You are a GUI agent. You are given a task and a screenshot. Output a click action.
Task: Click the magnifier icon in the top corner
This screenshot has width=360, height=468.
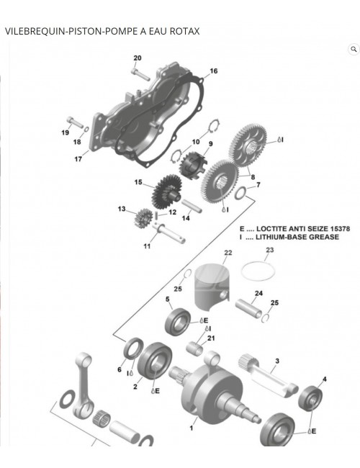353,49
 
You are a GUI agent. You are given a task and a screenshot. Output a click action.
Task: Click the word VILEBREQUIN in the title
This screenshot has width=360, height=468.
33,31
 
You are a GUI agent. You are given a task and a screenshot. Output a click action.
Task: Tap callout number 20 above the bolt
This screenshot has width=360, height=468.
138,58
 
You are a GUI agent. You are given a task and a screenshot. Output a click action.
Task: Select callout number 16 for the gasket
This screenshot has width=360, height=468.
213,71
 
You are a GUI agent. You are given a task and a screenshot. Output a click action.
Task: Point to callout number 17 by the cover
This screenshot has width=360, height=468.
78,159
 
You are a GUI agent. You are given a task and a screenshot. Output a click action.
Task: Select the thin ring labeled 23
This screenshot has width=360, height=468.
258,271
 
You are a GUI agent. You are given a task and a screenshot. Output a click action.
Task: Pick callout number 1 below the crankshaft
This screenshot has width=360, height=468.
191,428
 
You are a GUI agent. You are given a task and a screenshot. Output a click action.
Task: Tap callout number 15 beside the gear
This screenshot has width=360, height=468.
138,183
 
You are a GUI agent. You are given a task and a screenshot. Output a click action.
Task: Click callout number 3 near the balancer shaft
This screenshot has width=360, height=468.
277,361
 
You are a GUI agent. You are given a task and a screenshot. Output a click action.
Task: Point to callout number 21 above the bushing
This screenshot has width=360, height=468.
211,338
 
